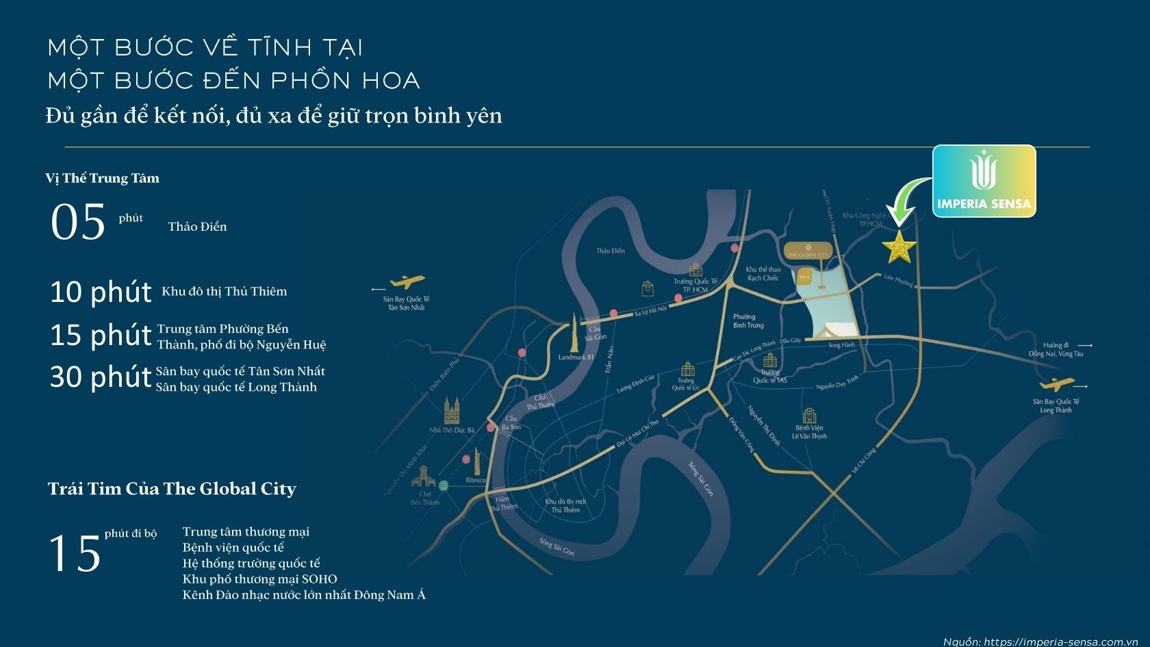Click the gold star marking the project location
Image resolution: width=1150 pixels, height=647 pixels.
898,247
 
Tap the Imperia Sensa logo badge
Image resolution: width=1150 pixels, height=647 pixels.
984,181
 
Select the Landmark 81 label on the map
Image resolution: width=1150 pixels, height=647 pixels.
576,357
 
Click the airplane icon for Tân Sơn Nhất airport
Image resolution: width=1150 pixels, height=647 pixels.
407,282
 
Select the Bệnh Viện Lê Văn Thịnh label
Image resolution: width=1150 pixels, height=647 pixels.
809,432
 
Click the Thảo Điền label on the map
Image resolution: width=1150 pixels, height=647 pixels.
610,251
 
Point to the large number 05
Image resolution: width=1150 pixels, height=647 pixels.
78,223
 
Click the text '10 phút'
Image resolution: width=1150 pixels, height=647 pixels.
101,292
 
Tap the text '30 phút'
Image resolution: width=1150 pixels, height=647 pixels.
101,377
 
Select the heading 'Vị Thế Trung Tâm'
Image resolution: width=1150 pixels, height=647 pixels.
103,179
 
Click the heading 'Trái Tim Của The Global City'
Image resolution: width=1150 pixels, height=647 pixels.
172,489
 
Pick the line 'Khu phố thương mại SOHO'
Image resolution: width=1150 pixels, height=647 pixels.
259,579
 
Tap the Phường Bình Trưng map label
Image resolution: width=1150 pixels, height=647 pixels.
747,321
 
